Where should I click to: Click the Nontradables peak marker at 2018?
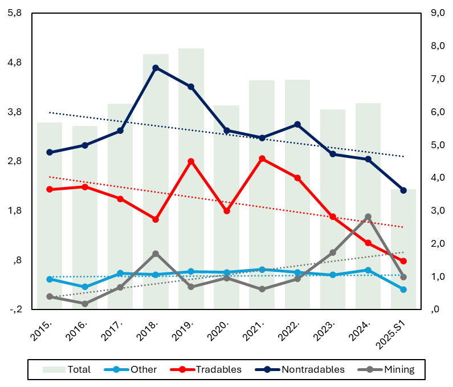(x=156, y=68)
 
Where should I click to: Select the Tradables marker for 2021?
(x=262, y=158)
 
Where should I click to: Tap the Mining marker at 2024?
(x=368, y=217)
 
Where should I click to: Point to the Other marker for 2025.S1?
(x=403, y=290)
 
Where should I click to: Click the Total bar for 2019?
(x=191, y=171)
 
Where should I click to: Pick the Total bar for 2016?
(x=85, y=217)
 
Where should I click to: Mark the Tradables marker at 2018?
(x=156, y=219)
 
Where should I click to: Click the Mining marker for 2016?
(x=85, y=304)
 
